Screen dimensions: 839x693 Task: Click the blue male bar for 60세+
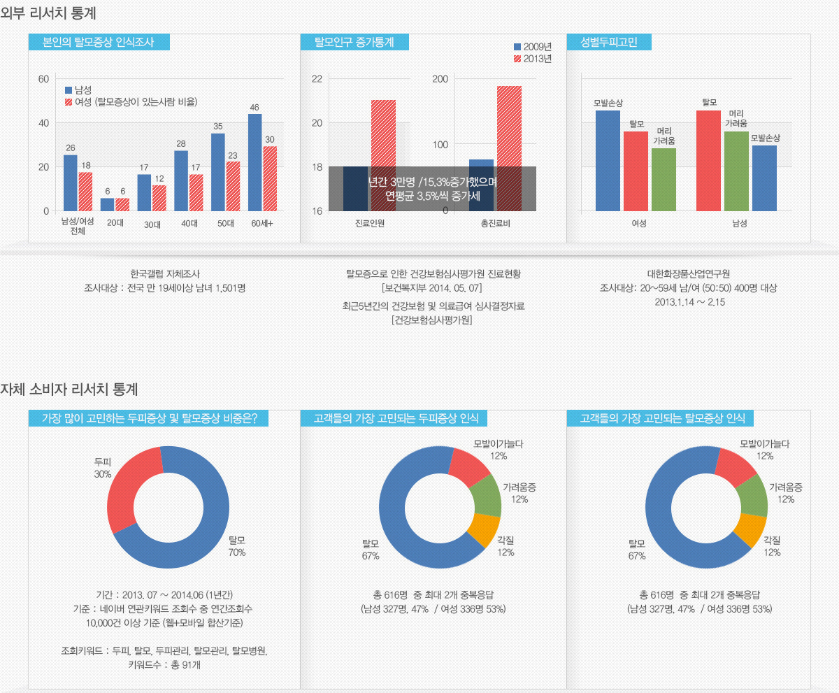pyautogui.click(x=254, y=162)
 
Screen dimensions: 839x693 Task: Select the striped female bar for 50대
pyautogui.click(x=233, y=186)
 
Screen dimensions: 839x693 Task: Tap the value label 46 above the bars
pyautogui.click(x=254, y=107)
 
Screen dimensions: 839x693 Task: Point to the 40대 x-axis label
pyautogui.click(x=189, y=223)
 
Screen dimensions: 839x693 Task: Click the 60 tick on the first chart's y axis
pyautogui.click(x=43, y=79)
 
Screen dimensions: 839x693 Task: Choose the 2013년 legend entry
pyautogui.click(x=533, y=59)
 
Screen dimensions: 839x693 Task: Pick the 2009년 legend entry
pyautogui.click(x=533, y=47)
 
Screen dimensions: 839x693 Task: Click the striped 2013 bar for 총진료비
pyautogui.click(x=509, y=148)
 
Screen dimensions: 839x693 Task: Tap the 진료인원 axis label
pyautogui.click(x=370, y=223)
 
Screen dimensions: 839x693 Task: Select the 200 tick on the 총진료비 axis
pyautogui.click(x=440, y=79)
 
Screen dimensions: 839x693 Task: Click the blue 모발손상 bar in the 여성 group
pyautogui.click(x=608, y=161)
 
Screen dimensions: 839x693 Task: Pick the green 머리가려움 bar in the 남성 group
pyautogui.click(x=736, y=171)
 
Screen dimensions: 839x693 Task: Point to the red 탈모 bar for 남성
pyautogui.click(x=708, y=161)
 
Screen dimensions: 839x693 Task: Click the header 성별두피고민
pyautogui.click(x=609, y=42)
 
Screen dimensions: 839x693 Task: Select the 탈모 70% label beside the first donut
pyautogui.click(x=237, y=546)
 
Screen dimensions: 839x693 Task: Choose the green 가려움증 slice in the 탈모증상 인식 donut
pyautogui.click(x=752, y=496)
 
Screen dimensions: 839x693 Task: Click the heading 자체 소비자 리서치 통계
pyautogui.click(x=69, y=389)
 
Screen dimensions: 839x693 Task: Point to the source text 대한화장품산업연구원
pyautogui.click(x=688, y=273)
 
